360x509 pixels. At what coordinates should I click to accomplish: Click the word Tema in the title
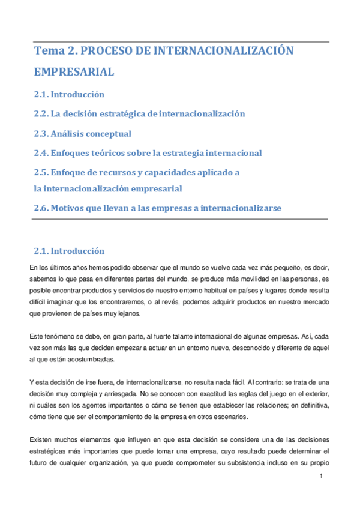[x=49, y=51]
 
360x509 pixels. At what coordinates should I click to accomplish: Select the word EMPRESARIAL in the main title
[x=74, y=72]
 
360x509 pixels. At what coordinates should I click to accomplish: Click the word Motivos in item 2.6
[x=68, y=208]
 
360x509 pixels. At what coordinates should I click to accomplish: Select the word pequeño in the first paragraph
[x=284, y=267]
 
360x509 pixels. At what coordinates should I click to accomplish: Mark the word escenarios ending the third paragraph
[x=235, y=417]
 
